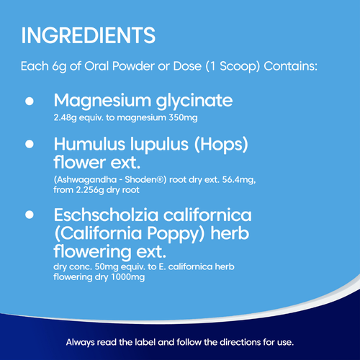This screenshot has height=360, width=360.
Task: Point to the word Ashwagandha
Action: coord(83,179)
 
